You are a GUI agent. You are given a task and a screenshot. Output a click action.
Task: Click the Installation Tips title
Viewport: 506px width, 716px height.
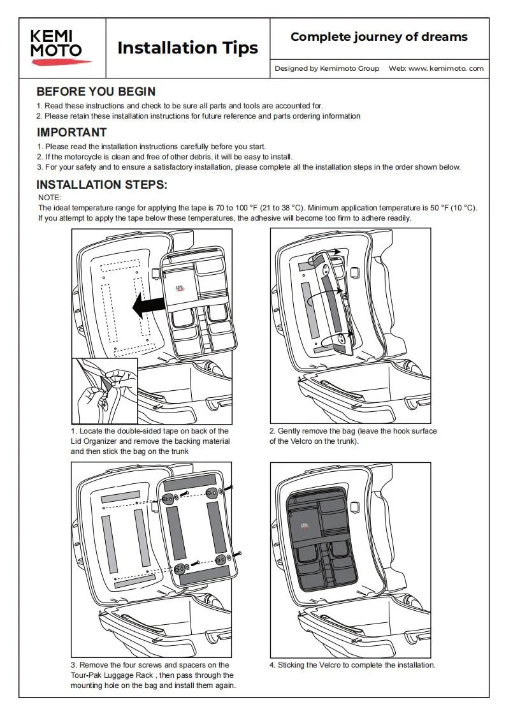(188, 48)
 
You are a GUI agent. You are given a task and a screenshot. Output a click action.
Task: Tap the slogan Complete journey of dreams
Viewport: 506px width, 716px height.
(379, 37)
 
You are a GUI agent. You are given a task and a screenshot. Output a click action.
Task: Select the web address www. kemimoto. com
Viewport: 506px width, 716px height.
(445, 68)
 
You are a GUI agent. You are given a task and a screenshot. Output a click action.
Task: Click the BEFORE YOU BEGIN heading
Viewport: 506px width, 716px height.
(96, 92)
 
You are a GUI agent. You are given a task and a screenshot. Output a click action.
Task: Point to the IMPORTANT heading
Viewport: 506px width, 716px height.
(71, 133)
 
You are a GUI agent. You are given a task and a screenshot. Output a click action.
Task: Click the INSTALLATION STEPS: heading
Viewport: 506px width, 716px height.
(101, 185)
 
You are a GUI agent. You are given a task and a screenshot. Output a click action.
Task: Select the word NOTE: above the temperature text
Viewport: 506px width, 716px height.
(50, 198)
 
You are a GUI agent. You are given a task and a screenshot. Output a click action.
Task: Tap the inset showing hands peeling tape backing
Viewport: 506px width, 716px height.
(105, 391)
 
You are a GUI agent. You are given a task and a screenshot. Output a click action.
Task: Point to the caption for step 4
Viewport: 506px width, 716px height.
(352, 664)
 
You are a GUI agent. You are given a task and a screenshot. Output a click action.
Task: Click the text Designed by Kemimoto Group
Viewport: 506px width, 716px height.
(326, 68)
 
